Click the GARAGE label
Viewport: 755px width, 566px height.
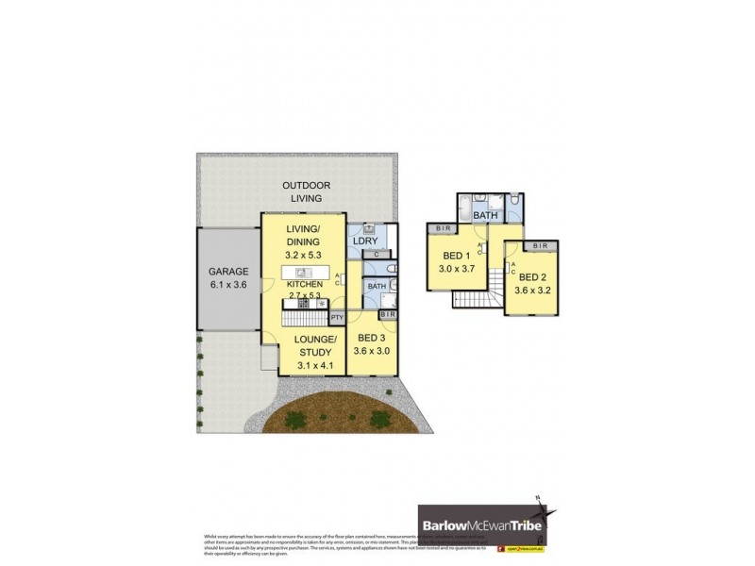click(x=227, y=271)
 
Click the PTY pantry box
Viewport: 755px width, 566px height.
click(x=336, y=317)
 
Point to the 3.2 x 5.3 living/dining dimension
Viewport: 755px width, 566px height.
click(x=303, y=254)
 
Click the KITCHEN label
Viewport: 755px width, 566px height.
click(x=303, y=284)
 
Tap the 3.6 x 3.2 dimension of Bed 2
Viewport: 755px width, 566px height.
click(x=532, y=291)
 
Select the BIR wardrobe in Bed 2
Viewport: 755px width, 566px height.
click(x=540, y=246)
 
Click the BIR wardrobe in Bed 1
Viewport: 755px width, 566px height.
click(x=445, y=228)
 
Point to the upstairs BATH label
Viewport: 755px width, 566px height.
click(x=485, y=216)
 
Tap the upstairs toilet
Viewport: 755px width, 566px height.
click(x=512, y=202)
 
